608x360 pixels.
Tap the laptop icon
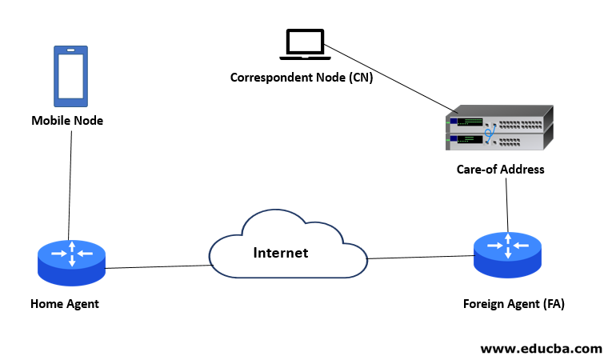pyautogui.click(x=304, y=45)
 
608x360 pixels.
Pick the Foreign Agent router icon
pyautogui.click(x=507, y=254)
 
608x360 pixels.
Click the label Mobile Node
pyautogui.click(x=67, y=121)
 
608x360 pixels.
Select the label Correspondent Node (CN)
pyautogui.click(x=302, y=78)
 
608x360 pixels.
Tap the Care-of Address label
pyautogui.click(x=500, y=170)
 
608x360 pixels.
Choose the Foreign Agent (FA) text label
pyautogui.click(x=508, y=304)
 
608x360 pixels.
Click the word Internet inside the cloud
pyautogui.click(x=280, y=253)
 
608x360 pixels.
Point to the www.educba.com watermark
pyautogui.click(x=541, y=348)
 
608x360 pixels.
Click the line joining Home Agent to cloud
pyautogui.click(x=156, y=267)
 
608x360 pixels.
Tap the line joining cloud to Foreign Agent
pyautogui.click(x=420, y=257)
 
